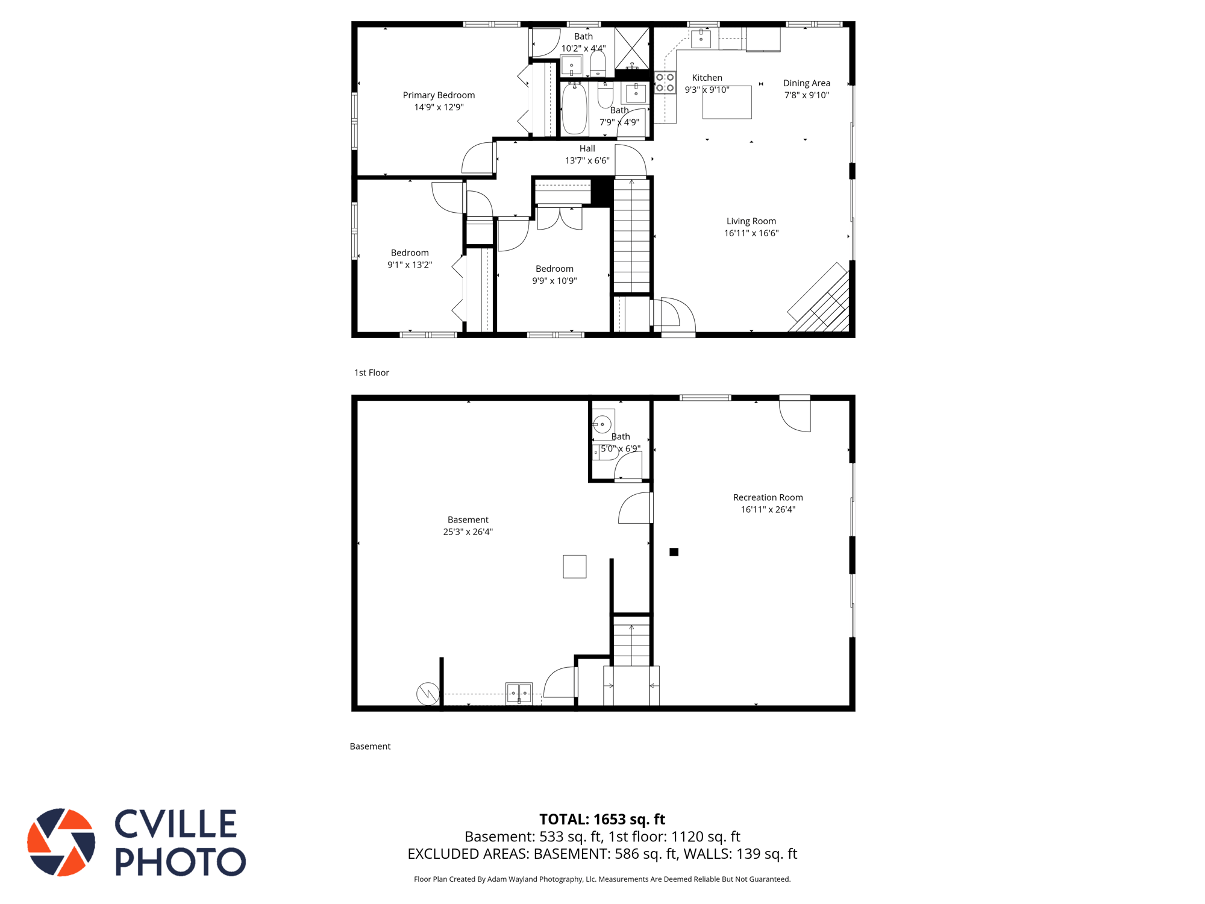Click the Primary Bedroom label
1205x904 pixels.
click(x=439, y=95)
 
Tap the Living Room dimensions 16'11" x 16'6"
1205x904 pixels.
click(x=751, y=233)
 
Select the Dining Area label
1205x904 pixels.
click(x=807, y=83)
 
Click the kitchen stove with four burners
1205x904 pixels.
click(x=665, y=83)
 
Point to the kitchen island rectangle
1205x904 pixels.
click(x=727, y=102)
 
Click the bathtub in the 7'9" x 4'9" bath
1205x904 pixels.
click(x=574, y=109)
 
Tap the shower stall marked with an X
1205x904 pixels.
click(x=631, y=48)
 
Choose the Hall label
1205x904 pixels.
click(x=587, y=149)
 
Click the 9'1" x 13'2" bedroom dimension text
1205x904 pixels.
click(x=410, y=265)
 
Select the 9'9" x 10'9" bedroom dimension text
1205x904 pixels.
click(x=554, y=281)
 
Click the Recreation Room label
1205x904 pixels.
click(x=768, y=497)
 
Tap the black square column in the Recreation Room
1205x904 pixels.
click(x=674, y=552)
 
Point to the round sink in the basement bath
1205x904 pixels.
click(x=602, y=424)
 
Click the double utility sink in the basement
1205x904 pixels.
click(x=519, y=693)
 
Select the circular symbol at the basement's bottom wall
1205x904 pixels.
click(x=428, y=694)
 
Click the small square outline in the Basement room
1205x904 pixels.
click(x=575, y=567)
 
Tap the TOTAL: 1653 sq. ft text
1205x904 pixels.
click(x=602, y=820)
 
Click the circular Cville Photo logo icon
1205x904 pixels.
click(x=61, y=842)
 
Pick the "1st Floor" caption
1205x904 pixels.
click(x=372, y=373)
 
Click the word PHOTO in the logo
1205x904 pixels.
click(x=180, y=861)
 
